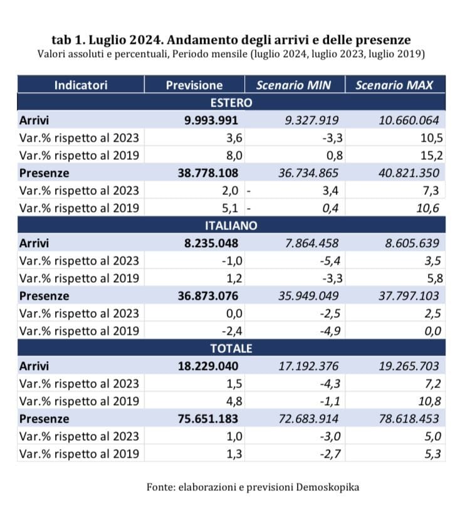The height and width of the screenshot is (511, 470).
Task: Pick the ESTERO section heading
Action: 231,103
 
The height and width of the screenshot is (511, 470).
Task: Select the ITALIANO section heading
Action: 231,226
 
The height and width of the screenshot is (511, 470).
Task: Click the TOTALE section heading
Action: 231,349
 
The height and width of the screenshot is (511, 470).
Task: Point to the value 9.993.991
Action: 212,120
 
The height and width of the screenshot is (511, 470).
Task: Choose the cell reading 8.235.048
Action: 212,243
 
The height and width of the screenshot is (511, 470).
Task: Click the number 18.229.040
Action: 209,366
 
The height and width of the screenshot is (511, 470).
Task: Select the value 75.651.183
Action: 209,418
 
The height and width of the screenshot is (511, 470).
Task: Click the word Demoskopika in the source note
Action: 330,487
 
